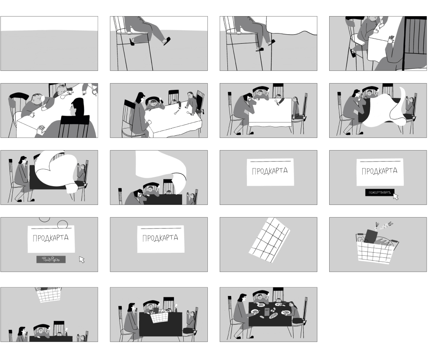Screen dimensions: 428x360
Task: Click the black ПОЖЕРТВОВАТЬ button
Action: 379,193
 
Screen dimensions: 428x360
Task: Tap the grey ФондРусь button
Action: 51,259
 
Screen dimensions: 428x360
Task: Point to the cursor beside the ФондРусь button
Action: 81,260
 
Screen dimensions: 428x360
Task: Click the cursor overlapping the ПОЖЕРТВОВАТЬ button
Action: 396,196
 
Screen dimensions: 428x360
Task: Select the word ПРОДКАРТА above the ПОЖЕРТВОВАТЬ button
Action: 379,171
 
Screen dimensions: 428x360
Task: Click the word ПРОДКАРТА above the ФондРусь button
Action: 50,238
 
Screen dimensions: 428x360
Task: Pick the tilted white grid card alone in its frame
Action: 269,240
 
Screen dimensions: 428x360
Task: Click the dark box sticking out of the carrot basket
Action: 370,236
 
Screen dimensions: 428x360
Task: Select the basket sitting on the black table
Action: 159,317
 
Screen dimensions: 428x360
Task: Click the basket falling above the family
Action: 48,294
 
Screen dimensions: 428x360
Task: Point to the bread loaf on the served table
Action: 273,315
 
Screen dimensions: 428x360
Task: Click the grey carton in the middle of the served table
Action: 267,311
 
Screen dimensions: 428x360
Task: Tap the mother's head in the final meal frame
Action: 242,298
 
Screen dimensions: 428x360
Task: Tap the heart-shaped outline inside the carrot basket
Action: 361,240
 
